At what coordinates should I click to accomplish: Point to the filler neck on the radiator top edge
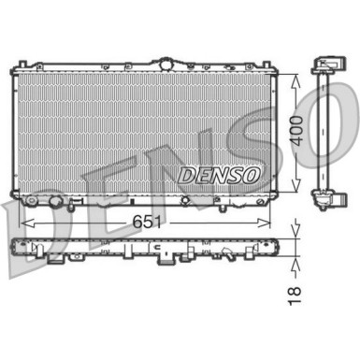tap(166, 63)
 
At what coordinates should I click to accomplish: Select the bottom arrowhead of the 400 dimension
tap(295, 190)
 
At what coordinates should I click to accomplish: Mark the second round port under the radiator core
tap(58, 202)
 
